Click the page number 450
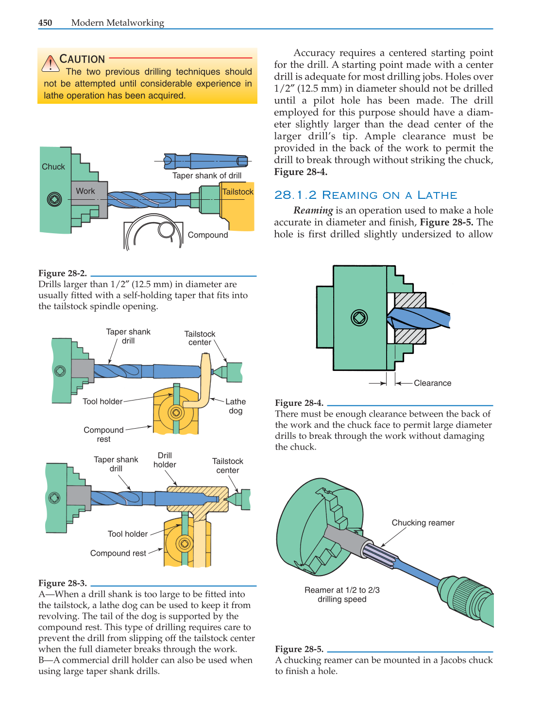[45, 23]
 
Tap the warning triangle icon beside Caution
[50, 64]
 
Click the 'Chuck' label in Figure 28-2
[53, 167]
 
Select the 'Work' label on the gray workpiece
[85, 191]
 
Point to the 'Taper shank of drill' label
[207, 176]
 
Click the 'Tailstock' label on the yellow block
[237, 192]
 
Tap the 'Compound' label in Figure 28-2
[208, 235]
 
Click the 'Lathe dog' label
[236, 406]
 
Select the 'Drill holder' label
[165, 460]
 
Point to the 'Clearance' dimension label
[432, 383]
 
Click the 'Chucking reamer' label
[423, 523]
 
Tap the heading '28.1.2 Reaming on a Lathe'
[366, 195]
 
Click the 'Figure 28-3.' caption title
[63, 583]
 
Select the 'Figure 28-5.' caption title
[299, 649]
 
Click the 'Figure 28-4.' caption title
[299, 403]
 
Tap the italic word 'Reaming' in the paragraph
[313, 210]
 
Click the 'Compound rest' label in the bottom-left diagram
[118, 553]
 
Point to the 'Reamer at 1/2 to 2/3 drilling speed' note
[342, 594]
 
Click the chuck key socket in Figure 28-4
[359, 318]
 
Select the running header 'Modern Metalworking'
[118, 23]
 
